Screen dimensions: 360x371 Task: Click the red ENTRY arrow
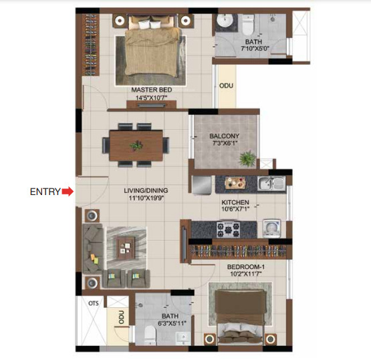(x=68, y=192)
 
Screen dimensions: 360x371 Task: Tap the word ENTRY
(x=45, y=192)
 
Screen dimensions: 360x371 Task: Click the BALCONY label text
(x=224, y=136)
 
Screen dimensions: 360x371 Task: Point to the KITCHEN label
(x=235, y=202)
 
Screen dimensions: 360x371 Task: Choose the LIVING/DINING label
(x=144, y=190)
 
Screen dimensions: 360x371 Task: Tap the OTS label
(x=93, y=303)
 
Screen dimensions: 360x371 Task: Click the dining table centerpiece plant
(x=136, y=144)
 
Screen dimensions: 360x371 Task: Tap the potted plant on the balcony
(x=248, y=159)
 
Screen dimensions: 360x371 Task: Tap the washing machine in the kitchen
(x=271, y=228)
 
